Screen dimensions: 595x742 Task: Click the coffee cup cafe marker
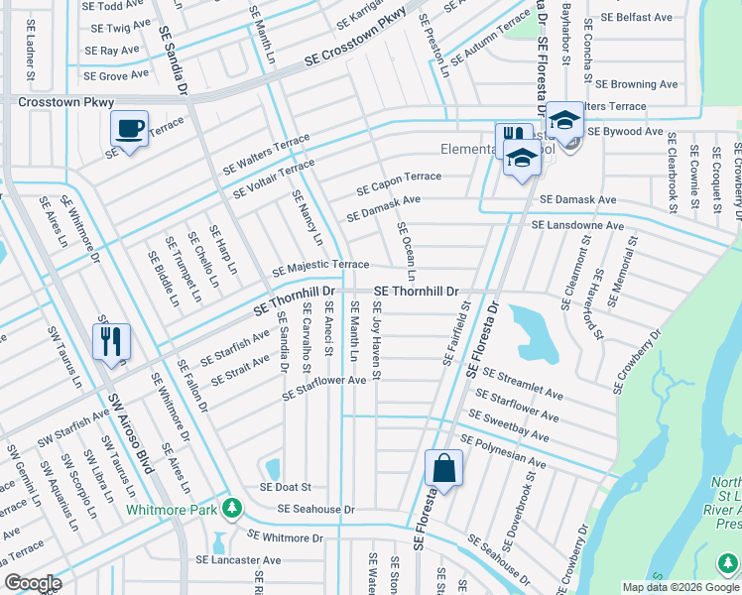129,129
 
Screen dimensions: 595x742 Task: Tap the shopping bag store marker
443,469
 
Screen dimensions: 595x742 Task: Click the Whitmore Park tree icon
232,508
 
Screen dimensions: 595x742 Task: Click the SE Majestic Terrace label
320,267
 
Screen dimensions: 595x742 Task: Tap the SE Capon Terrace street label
399,182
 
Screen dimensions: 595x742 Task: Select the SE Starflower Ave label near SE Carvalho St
324,387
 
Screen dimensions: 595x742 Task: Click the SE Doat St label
286,487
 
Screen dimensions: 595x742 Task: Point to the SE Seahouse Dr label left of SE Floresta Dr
315,509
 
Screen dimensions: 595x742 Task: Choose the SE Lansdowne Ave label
577,225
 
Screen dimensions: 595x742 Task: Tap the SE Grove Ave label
116,74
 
